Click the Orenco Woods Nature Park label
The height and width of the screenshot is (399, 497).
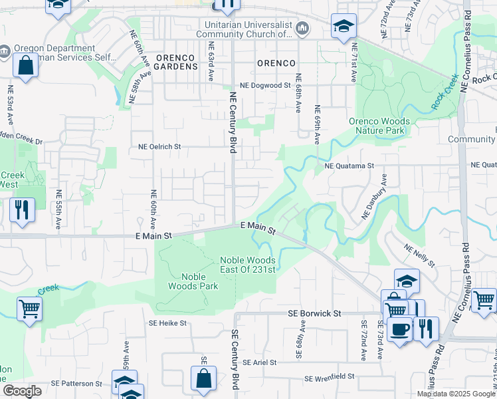click(x=379, y=126)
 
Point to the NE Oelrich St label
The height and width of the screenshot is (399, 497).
click(x=159, y=146)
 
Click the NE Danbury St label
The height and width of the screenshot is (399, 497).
click(x=374, y=197)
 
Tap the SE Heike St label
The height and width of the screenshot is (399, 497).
click(x=168, y=323)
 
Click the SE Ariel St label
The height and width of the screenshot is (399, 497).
click(x=259, y=362)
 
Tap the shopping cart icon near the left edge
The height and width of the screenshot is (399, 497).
click(x=29, y=308)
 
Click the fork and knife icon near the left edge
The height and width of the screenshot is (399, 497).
click(x=22, y=209)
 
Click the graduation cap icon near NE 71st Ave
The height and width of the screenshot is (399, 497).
click(x=343, y=26)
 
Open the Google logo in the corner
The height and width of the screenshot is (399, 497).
click(x=22, y=391)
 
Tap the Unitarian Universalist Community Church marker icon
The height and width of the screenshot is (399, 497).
click(x=302, y=27)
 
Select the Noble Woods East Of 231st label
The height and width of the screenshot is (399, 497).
click(x=248, y=265)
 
